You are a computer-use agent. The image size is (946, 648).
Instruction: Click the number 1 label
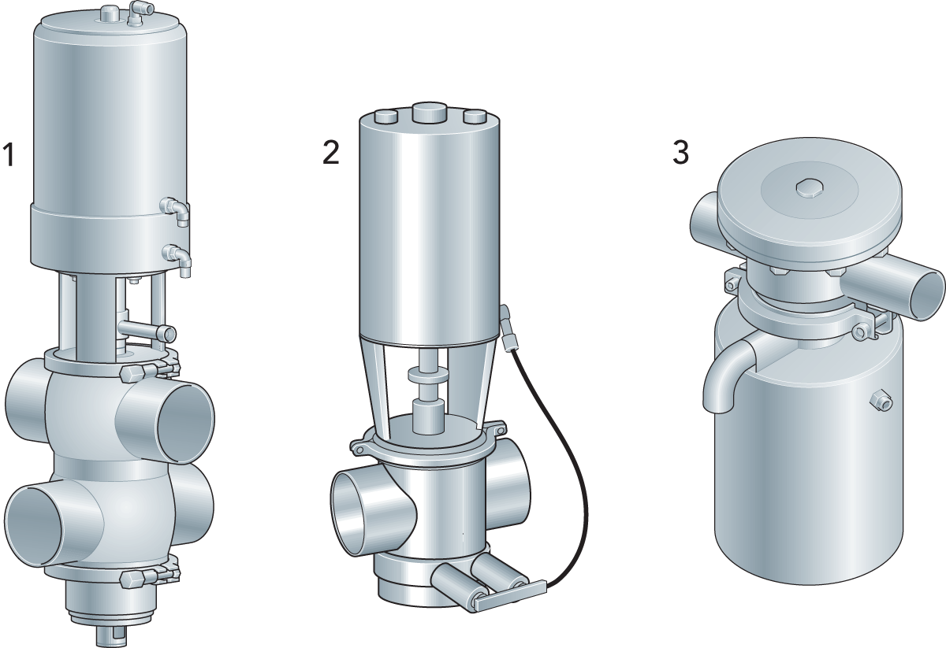click(9, 155)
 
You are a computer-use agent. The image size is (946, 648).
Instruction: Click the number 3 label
click(680, 152)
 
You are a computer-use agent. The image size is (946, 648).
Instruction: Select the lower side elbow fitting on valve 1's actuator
click(178, 258)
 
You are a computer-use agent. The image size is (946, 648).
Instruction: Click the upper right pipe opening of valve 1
click(185, 422)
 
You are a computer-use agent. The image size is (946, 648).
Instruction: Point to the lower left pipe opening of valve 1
click(34, 529)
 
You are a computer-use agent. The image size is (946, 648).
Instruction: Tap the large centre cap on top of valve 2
click(430, 113)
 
